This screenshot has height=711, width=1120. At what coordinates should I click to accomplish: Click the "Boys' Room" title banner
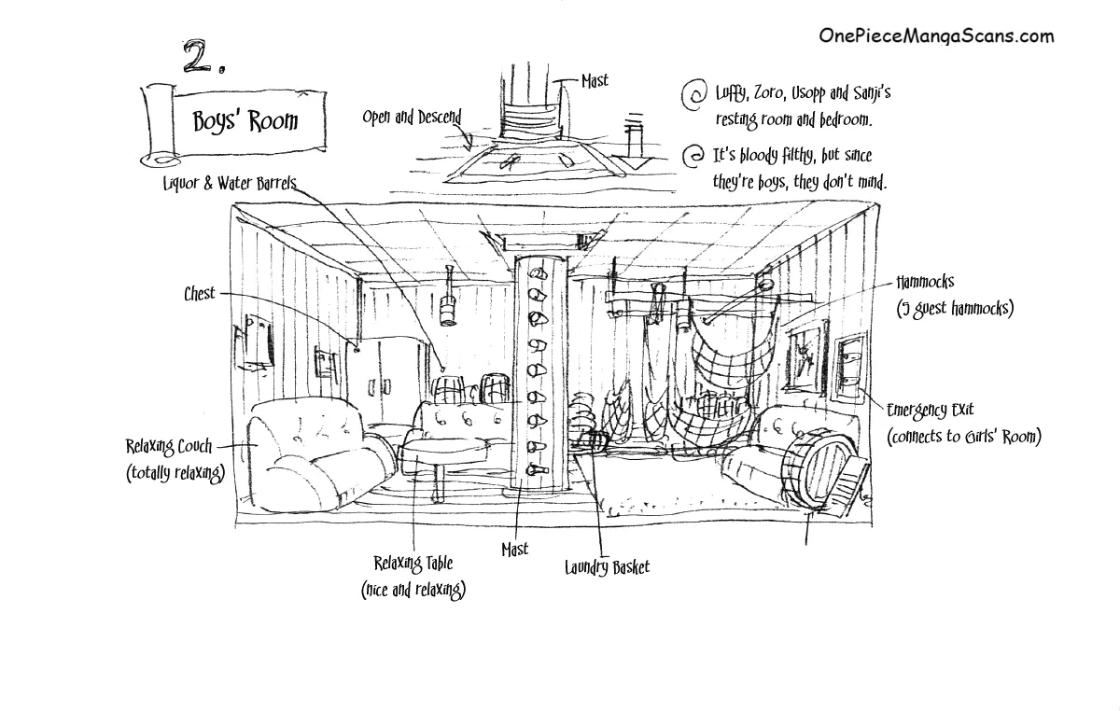coord(245,121)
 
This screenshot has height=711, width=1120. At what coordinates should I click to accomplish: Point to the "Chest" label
coord(199,294)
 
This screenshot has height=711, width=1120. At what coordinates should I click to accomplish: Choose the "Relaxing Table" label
coord(413,563)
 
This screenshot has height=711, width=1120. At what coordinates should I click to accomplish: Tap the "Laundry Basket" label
coord(607,566)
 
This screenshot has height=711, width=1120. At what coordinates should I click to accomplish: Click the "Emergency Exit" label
coord(936,410)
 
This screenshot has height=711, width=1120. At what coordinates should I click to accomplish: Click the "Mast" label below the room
coord(514,550)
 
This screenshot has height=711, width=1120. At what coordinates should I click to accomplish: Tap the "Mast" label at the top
coord(594,81)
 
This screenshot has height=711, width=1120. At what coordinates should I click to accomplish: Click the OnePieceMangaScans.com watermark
coord(936,35)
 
